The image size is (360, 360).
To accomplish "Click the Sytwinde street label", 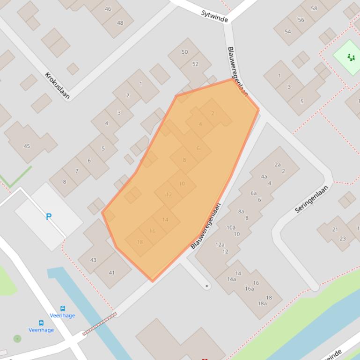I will click(x=214, y=16).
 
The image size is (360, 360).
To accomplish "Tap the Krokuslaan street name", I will click(x=57, y=86).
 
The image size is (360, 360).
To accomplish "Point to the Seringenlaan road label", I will click(x=312, y=199).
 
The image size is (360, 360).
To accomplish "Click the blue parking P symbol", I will click(x=48, y=216).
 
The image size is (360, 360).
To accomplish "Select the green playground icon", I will click(x=351, y=57).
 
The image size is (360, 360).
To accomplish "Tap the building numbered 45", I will click(x=27, y=146).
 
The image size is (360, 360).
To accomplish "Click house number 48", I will click(x=120, y=23).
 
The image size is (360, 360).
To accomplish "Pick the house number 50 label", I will click(x=184, y=52).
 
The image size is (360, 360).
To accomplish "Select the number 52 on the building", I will click(x=195, y=64).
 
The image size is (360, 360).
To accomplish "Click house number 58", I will click(x=314, y=8).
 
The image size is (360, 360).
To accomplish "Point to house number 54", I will click(x=287, y=31).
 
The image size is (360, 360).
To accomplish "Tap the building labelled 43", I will click(x=93, y=260).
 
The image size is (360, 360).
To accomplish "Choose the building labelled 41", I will click(x=111, y=273).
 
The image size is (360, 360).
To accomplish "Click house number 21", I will click(x=335, y=230).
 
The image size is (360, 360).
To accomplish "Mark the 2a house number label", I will click(x=278, y=165).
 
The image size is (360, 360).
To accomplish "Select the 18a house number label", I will click(x=262, y=303).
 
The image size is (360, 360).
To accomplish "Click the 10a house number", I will click(x=231, y=228).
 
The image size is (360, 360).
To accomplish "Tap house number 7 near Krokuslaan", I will click(x=77, y=171).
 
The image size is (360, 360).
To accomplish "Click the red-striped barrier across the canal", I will click(x=99, y=324).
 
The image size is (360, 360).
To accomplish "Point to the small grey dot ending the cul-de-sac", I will click(x=207, y=285).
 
